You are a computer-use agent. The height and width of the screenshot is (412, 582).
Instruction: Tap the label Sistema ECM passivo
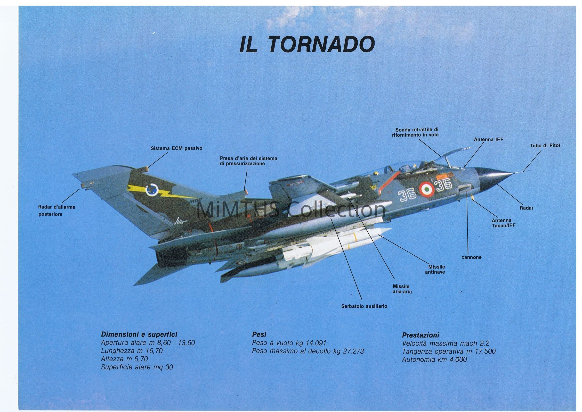177,148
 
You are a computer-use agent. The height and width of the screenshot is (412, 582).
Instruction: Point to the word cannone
471,257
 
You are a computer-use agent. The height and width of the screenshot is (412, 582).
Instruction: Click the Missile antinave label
436,269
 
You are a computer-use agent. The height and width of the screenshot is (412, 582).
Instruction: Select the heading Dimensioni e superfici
139,334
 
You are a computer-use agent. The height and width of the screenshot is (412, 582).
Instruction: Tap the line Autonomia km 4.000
434,360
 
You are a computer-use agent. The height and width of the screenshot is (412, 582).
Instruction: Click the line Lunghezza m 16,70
132,351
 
